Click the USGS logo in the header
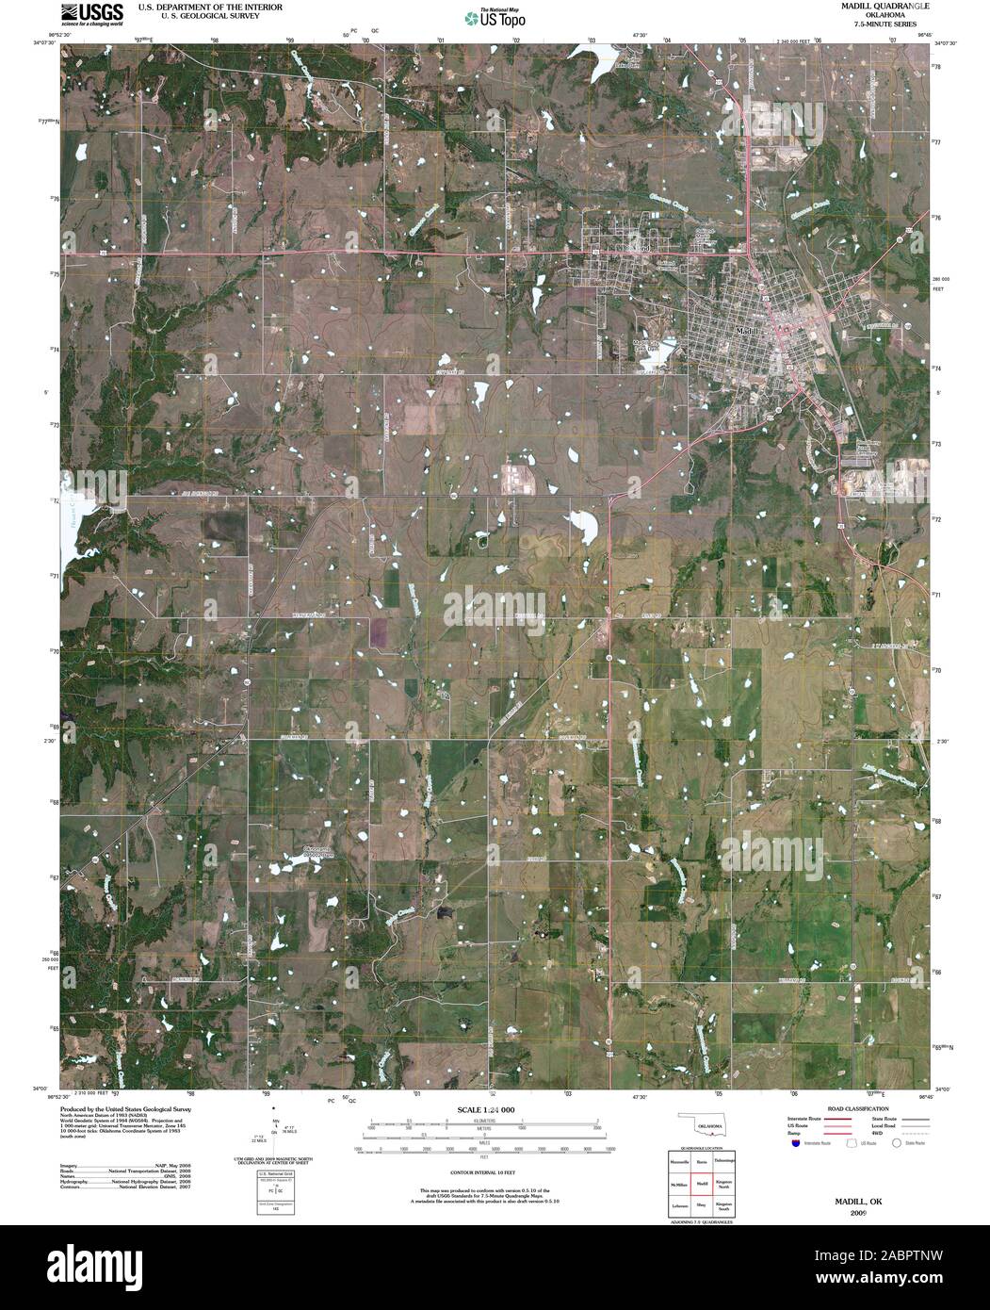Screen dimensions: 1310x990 point(92,14)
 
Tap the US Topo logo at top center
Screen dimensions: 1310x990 point(495,17)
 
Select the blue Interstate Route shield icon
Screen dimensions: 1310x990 point(796,1142)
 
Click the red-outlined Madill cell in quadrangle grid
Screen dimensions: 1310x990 point(702,1183)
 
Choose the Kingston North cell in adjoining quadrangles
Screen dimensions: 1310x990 point(724,1183)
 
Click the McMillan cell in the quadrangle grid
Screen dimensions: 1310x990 point(679,1183)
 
